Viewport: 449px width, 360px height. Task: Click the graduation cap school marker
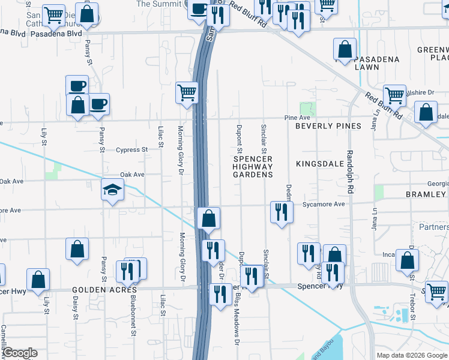112,191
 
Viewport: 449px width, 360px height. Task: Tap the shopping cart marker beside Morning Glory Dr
187,93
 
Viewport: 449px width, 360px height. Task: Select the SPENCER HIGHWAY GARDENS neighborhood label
253,166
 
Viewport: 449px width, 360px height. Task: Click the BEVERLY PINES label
328,126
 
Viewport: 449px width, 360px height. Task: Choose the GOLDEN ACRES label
104,289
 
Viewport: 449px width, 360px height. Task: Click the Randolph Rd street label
350,167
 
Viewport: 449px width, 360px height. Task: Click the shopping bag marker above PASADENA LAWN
345,50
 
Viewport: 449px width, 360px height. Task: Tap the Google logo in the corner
20,352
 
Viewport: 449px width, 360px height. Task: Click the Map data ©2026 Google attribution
412,355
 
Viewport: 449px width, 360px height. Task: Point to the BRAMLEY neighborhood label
426,194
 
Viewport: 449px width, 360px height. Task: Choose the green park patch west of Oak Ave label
57,171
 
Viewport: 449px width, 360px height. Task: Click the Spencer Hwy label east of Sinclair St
320,287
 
